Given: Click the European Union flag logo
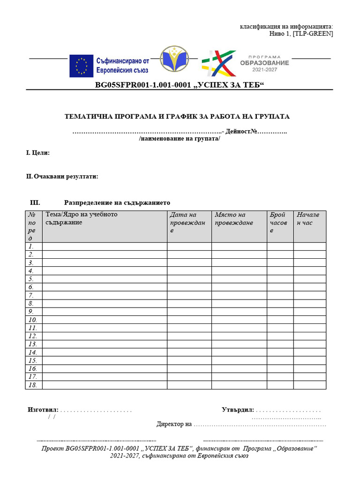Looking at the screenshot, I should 81,66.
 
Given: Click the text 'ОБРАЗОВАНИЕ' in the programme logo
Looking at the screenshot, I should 264,63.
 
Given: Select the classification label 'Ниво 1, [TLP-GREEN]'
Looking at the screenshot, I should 301,34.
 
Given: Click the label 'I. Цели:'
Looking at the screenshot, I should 38,153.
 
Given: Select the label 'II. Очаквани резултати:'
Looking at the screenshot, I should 62,177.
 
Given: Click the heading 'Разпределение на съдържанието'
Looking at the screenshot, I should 117,203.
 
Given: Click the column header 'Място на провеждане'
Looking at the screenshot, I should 234,219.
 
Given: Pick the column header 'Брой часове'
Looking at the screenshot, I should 279,223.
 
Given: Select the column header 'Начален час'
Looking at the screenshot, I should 308,219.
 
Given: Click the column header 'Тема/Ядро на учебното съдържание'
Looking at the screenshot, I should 82,218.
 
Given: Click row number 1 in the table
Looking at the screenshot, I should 31,246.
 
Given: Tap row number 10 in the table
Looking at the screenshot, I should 32,320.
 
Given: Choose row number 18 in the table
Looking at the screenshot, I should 32,385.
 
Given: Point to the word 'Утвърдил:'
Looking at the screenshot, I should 238,410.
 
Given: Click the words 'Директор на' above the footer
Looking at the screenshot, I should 174,425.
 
